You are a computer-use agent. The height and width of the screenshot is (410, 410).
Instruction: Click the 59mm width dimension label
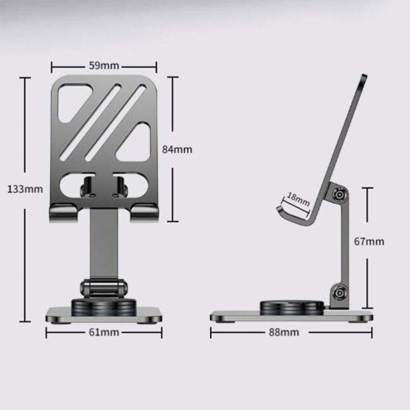coord(104,66)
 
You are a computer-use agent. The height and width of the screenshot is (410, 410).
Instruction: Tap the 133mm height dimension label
coord(25,189)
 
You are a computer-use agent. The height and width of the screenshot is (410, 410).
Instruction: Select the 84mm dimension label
coord(177,150)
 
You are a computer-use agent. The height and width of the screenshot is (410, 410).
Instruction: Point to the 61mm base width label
coord(104,332)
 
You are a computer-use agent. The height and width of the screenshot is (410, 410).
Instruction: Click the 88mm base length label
coord(284,332)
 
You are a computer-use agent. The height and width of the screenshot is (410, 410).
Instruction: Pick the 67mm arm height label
coord(369,241)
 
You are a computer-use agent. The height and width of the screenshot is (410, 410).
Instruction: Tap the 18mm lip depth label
coord(298,199)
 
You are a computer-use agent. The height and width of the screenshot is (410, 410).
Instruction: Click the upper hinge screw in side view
coord(340,195)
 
